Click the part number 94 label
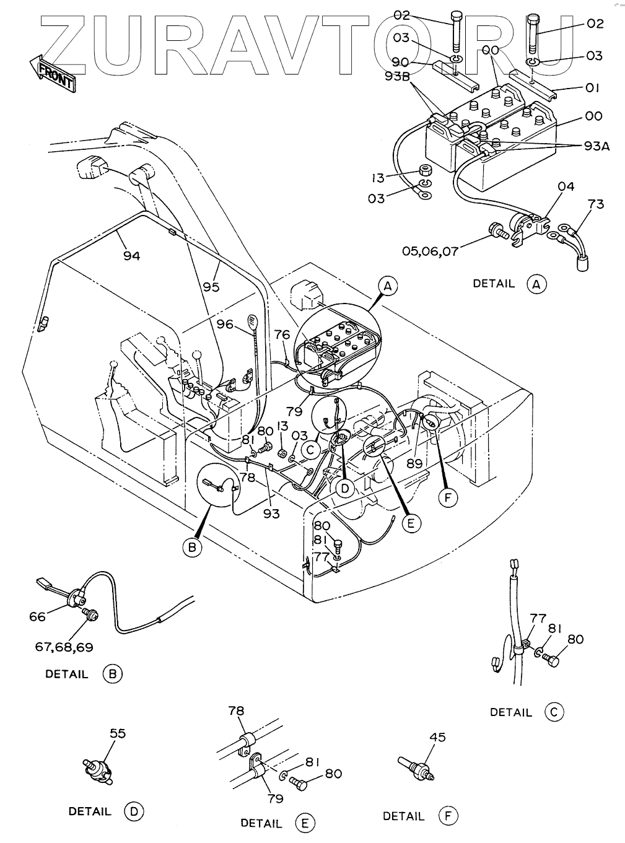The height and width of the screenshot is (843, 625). click(x=131, y=256)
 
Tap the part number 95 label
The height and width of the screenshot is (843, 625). click(x=211, y=287)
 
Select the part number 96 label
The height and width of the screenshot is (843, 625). click(x=225, y=324)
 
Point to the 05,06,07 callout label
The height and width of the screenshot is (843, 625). click(x=430, y=251)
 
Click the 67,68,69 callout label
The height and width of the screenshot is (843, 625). click(x=64, y=647)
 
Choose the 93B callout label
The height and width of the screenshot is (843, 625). click(x=397, y=76)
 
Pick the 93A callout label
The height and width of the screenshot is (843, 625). click(x=597, y=146)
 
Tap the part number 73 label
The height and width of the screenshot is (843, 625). click(x=595, y=204)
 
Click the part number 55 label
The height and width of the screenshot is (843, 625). click(x=118, y=733)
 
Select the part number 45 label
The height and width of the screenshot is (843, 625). click(x=437, y=737)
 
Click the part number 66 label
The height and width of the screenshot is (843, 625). click(x=37, y=616)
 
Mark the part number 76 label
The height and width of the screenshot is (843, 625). click(x=282, y=335)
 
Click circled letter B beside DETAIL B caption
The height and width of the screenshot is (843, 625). click(x=113, y=674)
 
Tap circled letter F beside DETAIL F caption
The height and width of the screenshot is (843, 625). click(x=448, y=815)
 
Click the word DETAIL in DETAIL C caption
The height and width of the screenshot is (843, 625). click(x=511, y=712)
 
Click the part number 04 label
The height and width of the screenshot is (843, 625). click(x=566, y=186)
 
